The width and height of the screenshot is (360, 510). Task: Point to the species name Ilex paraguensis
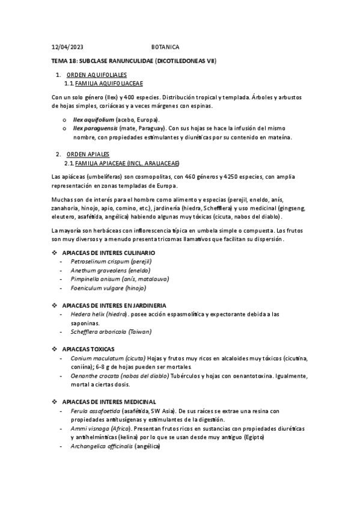95,128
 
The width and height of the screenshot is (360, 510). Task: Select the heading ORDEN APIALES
88,155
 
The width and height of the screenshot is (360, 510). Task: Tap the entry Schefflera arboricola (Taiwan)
111,331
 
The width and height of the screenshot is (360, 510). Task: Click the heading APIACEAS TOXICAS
88,349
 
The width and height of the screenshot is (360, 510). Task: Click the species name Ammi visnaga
90,428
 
